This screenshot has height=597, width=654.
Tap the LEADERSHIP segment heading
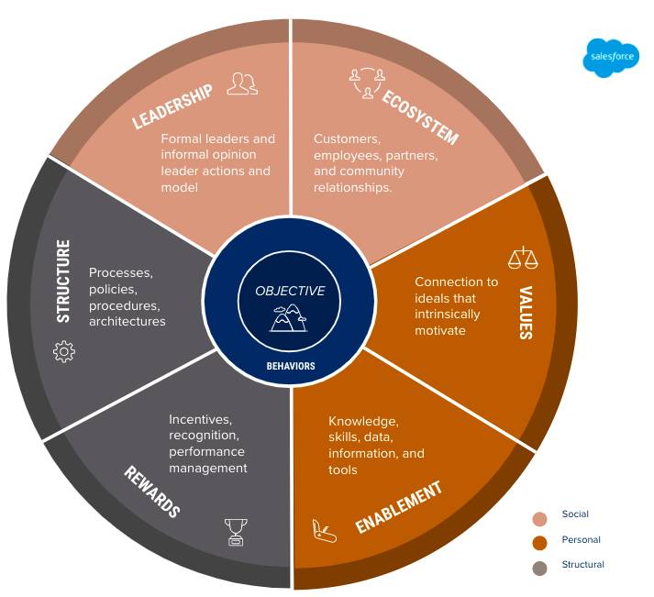pyautogui.click(x=173, y=106)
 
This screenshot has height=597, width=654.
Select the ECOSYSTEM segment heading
pyautogui.click(x=419, y=116)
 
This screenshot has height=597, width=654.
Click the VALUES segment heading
pyautogui.click(x=526, y=312)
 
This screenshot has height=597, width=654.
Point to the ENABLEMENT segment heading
pyautogui.click(x=399, y=506)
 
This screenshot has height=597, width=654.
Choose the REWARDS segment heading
pyautogui.click(x=152, y=492)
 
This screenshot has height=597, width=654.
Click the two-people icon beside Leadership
pyautogui.click(x=242, y=84)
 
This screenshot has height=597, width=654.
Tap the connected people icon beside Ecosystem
pyautogui.click(x=365, y=83)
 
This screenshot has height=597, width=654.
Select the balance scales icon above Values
pyautogui.click(x=522, y=258)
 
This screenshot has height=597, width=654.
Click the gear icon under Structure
pyautogui.click(x=64, y=351)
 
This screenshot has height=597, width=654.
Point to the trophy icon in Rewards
pyautogui.click(x=237, y=531)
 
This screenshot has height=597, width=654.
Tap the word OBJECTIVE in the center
pyautogui.click(x=290, y=291)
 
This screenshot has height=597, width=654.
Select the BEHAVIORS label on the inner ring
pyautogui.click(x=291, y=366)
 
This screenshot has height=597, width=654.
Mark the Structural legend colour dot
pyautogui.click(x=539, y=568)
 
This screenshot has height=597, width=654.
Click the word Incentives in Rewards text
pyautogui.click(x=199, y=419)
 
